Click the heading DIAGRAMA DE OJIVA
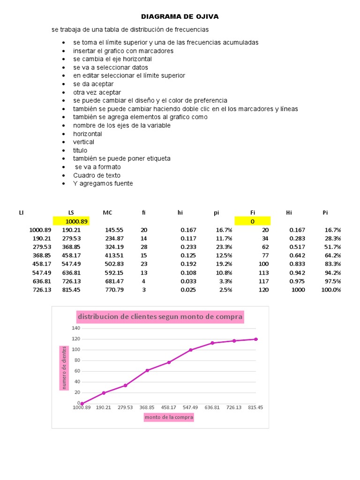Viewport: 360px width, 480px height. point(180,17)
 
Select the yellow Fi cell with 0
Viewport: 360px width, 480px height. point(252,221)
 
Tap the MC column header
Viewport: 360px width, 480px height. point(108,213)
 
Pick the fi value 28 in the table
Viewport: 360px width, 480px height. point(144,247)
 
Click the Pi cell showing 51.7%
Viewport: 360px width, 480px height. point(332,247)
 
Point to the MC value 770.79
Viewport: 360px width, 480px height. point(114,290)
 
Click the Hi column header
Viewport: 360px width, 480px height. point(289,213)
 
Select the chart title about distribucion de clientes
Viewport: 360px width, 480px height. point(160,317)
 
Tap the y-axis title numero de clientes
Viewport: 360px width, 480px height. point(63,368)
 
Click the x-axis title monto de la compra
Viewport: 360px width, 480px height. point(169,417)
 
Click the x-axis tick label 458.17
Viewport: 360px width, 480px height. point(169,407)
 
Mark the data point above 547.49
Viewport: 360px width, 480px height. point(191,350)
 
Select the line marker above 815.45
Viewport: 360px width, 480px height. point(256,339)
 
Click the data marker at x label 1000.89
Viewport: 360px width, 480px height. point(82,403)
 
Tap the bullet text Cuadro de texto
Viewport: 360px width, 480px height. point(97,175)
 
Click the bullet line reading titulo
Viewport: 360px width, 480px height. point(80,150)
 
